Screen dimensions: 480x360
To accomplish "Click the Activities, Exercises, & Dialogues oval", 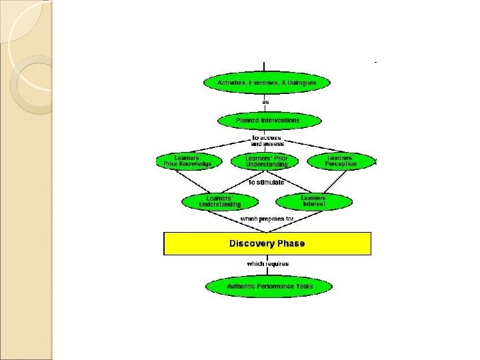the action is [x=267, y=83].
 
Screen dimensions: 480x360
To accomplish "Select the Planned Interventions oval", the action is [x=267, y=121].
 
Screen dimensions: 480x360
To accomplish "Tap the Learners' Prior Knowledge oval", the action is [x=188, y=161].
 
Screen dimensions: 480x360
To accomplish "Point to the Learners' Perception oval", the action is [x=341, y=161].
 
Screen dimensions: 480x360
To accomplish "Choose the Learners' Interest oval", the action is [x=313, y=201].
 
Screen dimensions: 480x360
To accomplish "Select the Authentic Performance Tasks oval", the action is [x=269, y=287].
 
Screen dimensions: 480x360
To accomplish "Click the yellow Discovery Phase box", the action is [x=267, y=243].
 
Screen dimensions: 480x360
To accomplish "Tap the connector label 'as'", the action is [x=265, y=102].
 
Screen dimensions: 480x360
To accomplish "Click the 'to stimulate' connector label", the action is [x=266, y=181].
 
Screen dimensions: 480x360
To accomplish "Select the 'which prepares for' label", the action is [x=267, y=219].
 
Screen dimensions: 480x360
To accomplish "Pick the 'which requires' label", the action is [x=267, y=264].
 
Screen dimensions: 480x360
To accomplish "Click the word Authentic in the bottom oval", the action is [x=241, y=287].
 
